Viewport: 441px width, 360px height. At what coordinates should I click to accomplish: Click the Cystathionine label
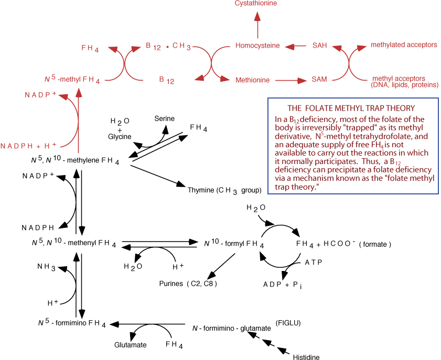click(255, 4)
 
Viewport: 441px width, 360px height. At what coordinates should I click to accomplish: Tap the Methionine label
click(252, 80)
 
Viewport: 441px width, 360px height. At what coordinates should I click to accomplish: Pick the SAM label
click(319, 80)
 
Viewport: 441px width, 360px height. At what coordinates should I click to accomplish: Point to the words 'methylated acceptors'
click(404, 45)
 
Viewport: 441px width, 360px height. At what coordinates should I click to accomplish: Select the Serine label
click(165, 119)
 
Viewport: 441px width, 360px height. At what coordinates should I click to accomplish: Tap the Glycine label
click(120, 137)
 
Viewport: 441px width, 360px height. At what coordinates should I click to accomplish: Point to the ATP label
click(314, 262)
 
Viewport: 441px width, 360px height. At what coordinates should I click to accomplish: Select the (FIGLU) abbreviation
click(287, 321)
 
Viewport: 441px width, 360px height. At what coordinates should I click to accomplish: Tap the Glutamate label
click(130, 345)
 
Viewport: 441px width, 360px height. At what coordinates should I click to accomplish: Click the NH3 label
click(45, 267)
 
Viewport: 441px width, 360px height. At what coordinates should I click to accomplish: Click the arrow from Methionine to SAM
click(291, 80)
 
